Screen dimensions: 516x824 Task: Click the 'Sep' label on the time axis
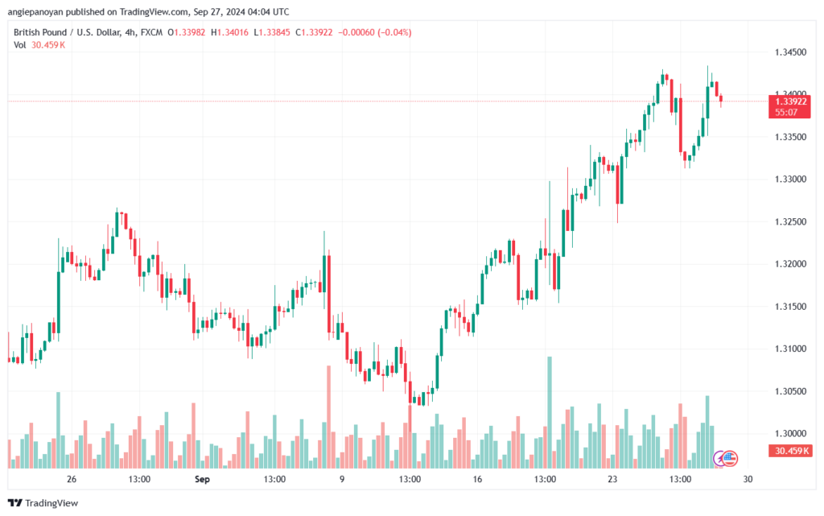point(202,479)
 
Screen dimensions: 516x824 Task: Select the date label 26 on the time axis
point(72,479)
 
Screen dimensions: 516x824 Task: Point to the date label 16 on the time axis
point(477,479)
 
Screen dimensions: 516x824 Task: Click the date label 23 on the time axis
point(612,479)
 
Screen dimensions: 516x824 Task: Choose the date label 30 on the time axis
point(748,479)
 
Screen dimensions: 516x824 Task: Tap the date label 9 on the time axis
point(342,479)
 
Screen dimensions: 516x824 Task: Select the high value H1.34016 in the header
point(227,31)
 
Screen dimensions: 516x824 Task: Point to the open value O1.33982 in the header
point(183,31)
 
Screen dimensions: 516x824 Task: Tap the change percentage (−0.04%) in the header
point(394,31)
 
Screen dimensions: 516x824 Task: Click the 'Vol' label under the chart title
point(20,44)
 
